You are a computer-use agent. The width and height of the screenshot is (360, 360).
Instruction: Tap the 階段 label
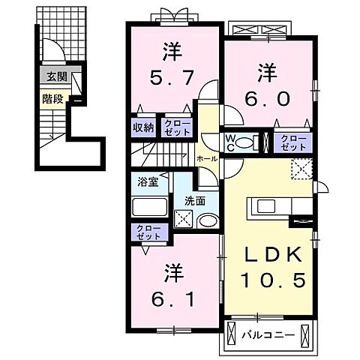coord(52,97)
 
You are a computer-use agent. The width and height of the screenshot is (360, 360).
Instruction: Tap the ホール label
coord(206,159)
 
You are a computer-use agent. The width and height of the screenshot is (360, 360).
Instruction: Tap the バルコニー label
coord(263,330)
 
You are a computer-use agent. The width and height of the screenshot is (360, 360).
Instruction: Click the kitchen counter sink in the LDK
coord(268,205)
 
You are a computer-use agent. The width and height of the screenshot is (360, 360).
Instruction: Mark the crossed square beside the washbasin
coord(184,218)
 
